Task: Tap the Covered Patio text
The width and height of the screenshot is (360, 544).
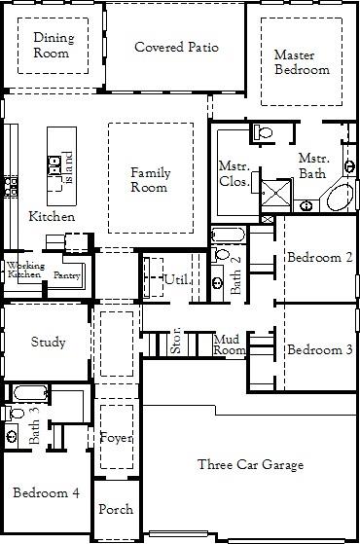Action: coord(176,47)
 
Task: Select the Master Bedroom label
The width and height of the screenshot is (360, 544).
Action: coord(301,62)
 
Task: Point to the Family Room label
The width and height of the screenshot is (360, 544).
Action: coord(150,180)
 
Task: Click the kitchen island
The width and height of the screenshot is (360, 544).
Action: coord(62,169)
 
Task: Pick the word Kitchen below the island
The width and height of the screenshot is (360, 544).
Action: coord(52,216)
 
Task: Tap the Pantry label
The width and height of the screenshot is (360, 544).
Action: coord(67,275)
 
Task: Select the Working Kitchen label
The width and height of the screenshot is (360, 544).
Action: coord(24,271)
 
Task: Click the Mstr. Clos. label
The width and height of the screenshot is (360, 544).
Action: coord(234,173)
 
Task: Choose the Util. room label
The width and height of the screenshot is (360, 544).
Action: coord(175,280)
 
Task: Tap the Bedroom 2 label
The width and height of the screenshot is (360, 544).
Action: coord(319,258)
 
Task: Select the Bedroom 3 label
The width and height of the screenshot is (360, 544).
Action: coord(319,349)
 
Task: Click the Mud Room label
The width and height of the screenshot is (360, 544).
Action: coord(230,345)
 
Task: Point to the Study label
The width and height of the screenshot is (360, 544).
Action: coord(48,342)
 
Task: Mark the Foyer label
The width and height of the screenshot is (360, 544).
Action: coord(117,437)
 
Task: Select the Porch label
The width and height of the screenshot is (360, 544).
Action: coord(117,509)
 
